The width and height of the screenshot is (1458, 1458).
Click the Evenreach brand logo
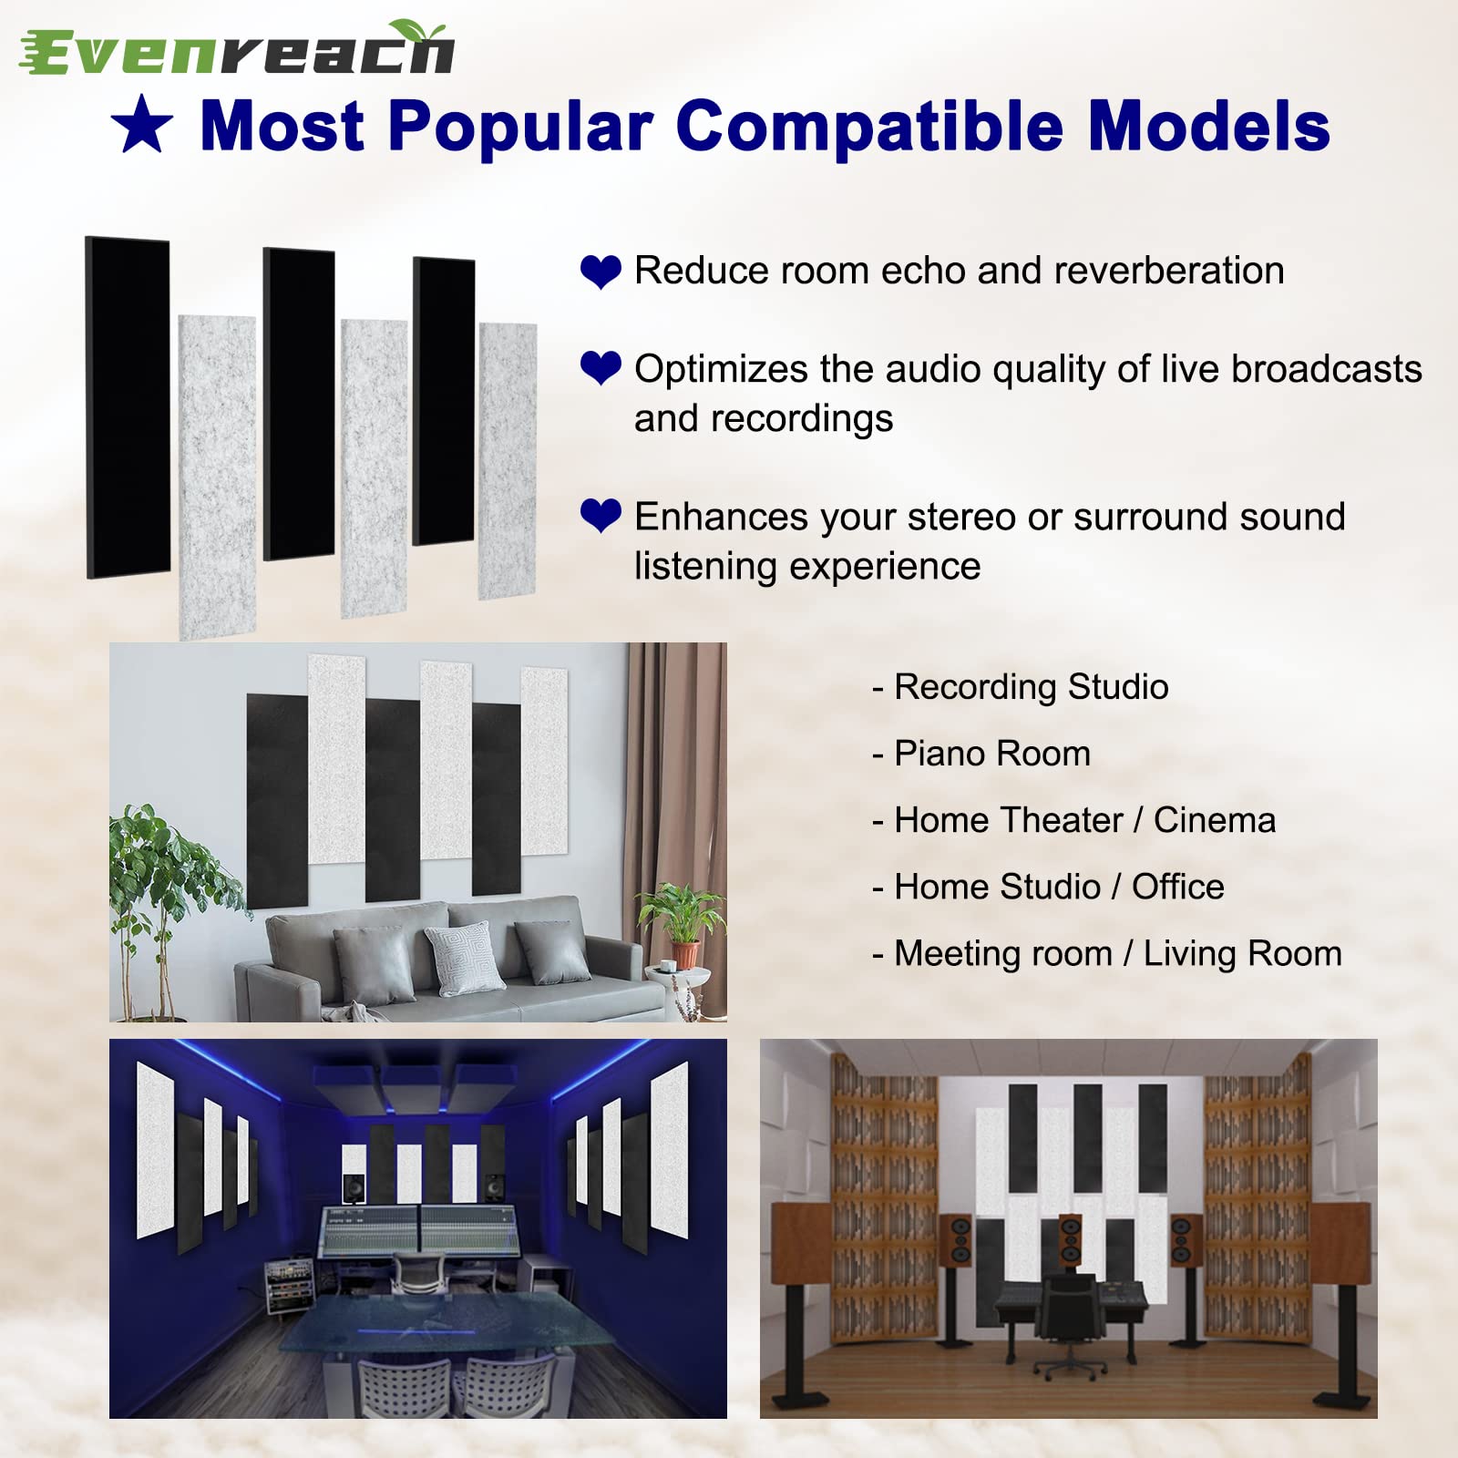click(237, 49)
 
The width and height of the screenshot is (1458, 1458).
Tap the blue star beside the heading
click(142, 127)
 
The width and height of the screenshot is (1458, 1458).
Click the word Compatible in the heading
click(869, 127)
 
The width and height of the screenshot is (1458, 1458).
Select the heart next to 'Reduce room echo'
click(601, 272)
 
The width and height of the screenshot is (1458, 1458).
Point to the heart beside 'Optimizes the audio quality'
click(601, 368)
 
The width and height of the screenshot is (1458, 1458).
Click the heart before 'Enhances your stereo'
click(601, 516)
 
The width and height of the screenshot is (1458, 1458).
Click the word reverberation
click(1168, 272)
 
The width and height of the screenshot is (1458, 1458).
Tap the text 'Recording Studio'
click(1031, 687)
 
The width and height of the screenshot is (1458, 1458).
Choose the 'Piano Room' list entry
click(991, 754)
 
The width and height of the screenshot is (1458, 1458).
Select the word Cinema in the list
click(1214, 820)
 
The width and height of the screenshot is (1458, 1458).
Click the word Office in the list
click(1177, 887)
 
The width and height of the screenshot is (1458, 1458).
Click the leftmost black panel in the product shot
click(128, 406)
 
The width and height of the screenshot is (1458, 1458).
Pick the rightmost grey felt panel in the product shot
click(508, 461)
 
